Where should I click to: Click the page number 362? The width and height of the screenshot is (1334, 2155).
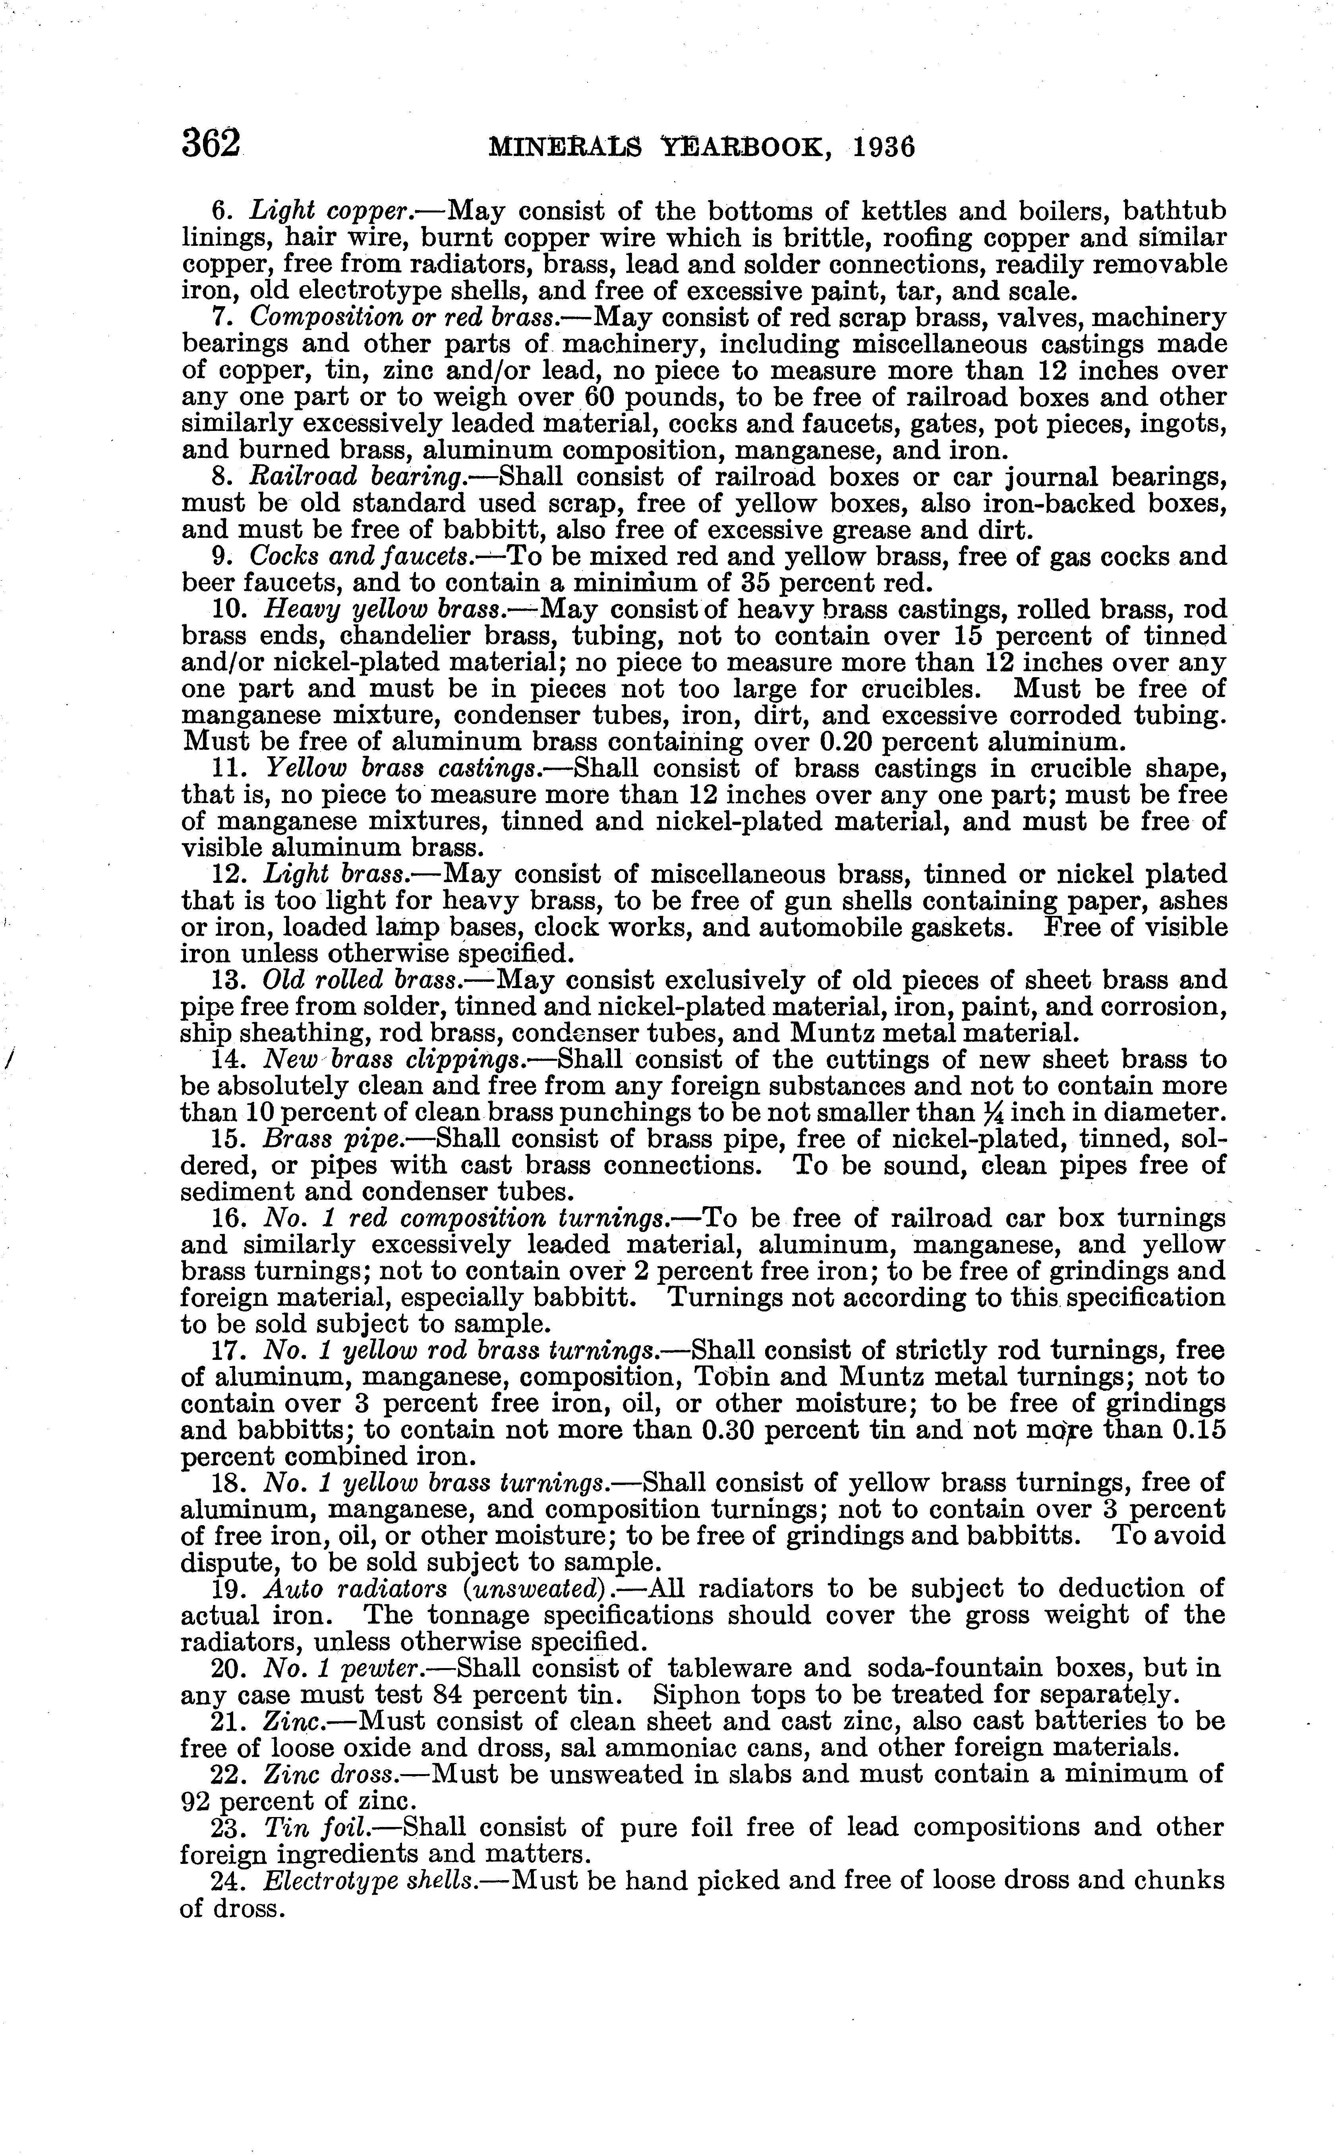[x=211, y=143]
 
